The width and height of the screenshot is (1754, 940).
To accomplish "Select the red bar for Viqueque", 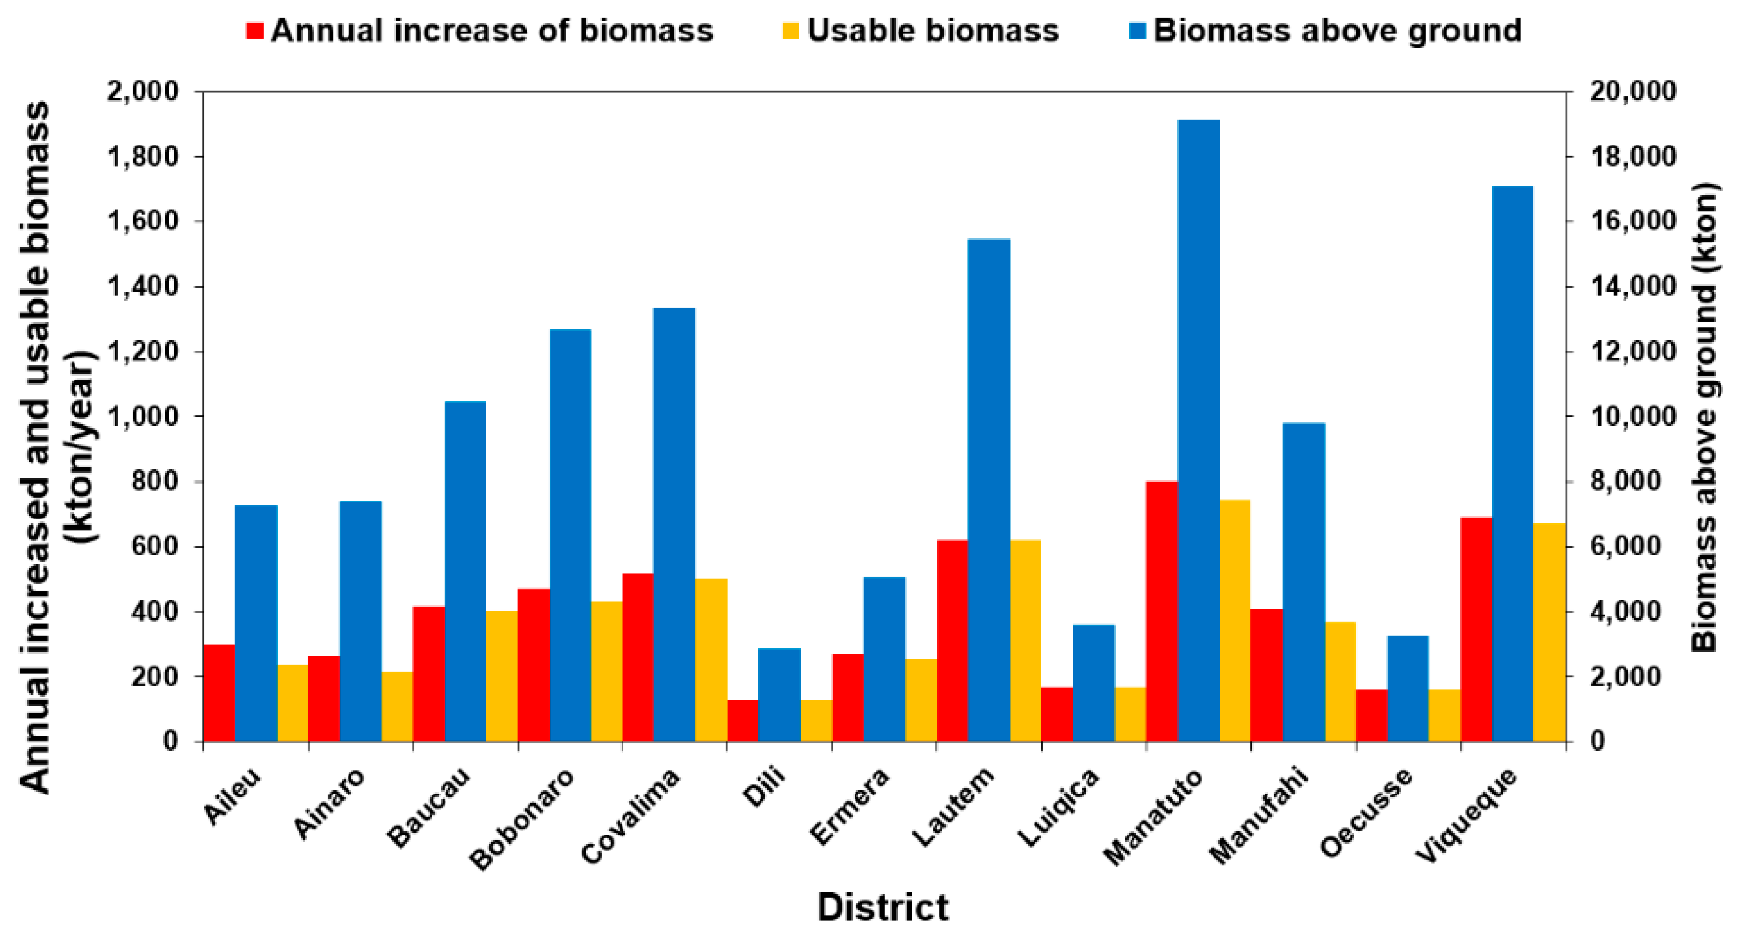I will pyautogui.click(x=1475, y=629).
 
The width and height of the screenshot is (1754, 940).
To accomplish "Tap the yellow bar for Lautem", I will pyautogui.click(x=1026, y=641).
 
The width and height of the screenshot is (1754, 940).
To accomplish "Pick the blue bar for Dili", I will pyautogui.click(x=779, y=695).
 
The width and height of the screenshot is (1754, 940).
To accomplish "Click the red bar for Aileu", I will pyautogui.click(x=219, y=693).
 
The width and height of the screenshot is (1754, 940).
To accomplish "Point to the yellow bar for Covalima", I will pyautogui.click(x=711, y=660).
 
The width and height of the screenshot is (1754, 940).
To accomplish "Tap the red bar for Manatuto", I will pyautogui.click(x=1162, y=611).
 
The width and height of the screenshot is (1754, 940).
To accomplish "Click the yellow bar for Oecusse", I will pyautogui.click(x=1444, y=715).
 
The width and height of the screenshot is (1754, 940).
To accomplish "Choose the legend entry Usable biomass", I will pyautogui.click(x=932, y=31).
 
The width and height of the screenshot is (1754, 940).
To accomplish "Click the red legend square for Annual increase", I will pyautogui.click(x=254, y=31).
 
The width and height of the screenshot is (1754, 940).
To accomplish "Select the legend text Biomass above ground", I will pyautogui.click(x=1337, y=31).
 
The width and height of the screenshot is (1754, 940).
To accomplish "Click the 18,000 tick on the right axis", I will pyautogui.click(x=1632, y=157).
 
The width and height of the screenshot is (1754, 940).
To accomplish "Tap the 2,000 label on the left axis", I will pyautogui.click(x=143, y=91).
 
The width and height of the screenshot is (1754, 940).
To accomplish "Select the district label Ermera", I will pyautogui.click(x=851, y=806).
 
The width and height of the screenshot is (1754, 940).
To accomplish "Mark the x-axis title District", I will pyautogui.click(x=883, y=907).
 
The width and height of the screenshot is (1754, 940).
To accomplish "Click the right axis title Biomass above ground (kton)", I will pyautogui.click(x=1705, y=417).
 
